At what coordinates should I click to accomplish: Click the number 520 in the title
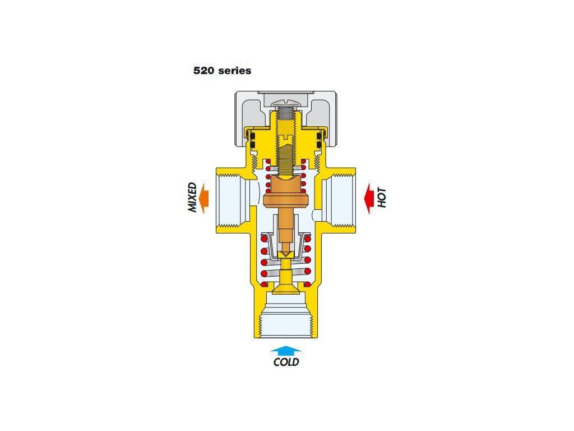click(x=203, y=71)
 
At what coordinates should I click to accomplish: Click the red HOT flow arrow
click(x=368, y=199)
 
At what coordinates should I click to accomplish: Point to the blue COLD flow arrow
click(x=286, y=350)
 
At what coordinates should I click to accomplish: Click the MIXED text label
click(x=192, y=198)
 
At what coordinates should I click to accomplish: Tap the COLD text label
click(x=286, y=362)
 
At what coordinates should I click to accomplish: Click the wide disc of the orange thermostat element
click(x=286, y=199)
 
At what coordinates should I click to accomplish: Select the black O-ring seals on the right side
click(x=323, y=140)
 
